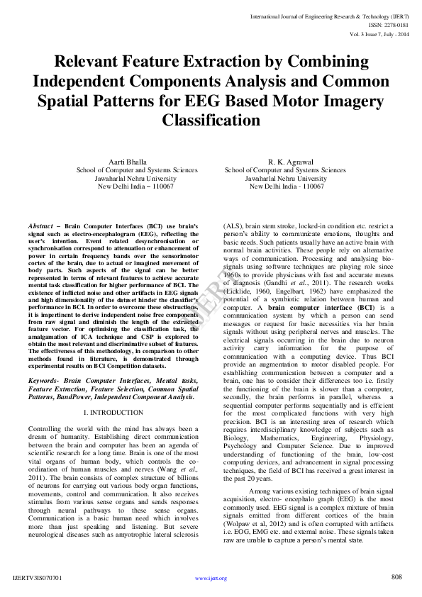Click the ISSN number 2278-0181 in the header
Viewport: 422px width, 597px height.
[387, 23]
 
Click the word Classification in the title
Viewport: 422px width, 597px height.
[211, 120]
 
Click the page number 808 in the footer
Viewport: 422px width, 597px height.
[396, 576]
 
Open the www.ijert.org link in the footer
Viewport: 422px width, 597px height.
[211, 578]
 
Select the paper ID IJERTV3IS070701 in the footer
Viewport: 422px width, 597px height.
[36, 578]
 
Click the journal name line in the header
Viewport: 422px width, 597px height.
[330, 15]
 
